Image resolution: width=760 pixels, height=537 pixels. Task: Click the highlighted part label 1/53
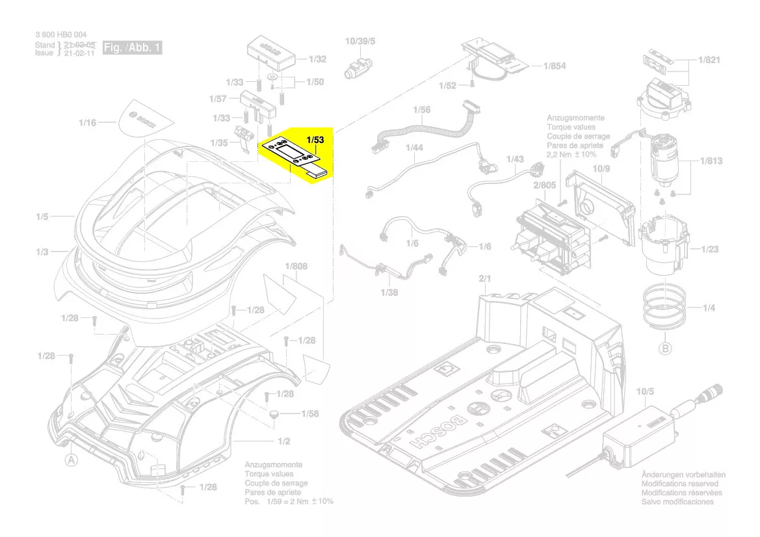click(x=315, y=140)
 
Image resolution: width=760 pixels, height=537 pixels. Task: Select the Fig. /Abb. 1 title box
click(x=132, y=48)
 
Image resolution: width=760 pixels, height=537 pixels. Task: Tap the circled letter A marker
click(x=72, y=460)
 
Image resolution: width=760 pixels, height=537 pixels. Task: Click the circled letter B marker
click(x=665, y=349)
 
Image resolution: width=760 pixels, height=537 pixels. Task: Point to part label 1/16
click(x=87, y=122)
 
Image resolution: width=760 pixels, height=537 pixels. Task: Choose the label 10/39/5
click(x=360, y=42)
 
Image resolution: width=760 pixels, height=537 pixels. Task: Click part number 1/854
click(x=555, y=66)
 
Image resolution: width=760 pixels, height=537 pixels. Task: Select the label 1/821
click(x=709, y=60)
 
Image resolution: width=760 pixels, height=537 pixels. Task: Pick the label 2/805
click(x=544, y=185)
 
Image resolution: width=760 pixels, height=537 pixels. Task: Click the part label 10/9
click(x=601, y=169)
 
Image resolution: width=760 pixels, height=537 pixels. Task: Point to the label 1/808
click(x=296, y=266)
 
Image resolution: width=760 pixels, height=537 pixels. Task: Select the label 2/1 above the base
click(x=485, y=279)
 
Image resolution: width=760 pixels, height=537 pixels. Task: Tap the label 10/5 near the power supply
click(x=645, y=391)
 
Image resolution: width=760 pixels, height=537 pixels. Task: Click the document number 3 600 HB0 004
click(x=60, y=34)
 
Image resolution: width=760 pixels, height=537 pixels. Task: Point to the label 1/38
click(x=389, y=293)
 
